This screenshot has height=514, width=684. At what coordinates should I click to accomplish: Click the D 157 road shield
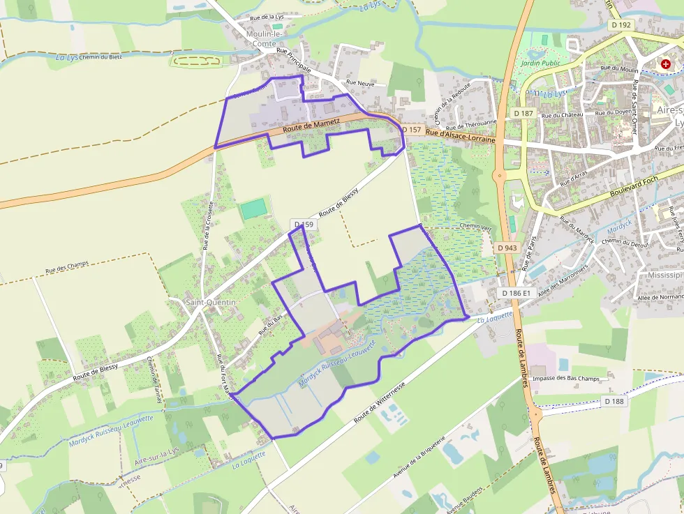click(x=412, y=130)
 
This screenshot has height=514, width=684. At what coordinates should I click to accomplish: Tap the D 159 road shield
click(x=304, y=225)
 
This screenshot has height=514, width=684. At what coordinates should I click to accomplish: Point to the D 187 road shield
click(x=523, y=113)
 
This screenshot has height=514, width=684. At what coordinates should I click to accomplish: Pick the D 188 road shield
click(x=614, y=401)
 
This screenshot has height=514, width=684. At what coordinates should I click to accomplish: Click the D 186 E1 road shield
click(x=516, y=294)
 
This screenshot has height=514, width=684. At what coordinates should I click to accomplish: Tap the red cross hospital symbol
click(x=666, y=63)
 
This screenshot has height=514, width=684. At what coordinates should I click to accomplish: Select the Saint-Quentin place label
click(x=211, y=302)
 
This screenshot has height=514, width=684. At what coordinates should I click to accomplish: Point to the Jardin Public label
click(x=540, y=63)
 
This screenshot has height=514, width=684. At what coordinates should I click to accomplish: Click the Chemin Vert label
click(x=476, y=226)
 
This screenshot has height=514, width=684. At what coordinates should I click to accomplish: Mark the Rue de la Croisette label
click(x=207, y=225)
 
